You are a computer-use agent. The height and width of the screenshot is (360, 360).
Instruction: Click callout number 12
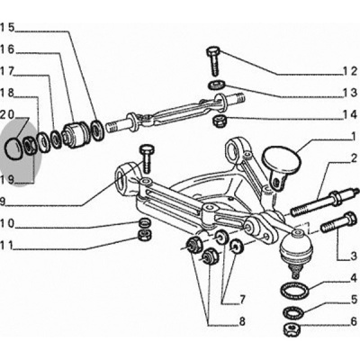(x=350, y=72)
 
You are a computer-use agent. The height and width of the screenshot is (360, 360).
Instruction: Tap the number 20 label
(x=8, y=114)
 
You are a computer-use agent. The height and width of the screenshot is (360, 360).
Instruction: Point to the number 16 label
(x=7, y=49)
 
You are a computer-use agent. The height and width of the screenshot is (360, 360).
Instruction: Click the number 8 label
(x=242, y=321)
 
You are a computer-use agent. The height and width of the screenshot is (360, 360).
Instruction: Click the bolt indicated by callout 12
(x=213, y=61)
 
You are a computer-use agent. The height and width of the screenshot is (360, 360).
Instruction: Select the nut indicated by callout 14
(x=218, y=121)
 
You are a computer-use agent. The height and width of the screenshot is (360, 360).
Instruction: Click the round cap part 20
(x=13, y=148)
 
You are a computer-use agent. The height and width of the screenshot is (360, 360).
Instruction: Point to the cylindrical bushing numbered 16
(x=75, y=134)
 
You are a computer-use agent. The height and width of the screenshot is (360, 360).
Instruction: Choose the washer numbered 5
(x=293, y=312)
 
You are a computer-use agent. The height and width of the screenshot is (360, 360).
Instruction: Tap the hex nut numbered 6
(x=292, y=328)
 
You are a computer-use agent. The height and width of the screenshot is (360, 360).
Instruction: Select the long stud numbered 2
(x=323, y=204)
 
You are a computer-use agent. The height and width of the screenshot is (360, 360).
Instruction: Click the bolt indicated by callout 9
(x=146, y=158)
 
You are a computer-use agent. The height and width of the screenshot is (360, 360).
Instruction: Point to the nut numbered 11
(x=144, y=236)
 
